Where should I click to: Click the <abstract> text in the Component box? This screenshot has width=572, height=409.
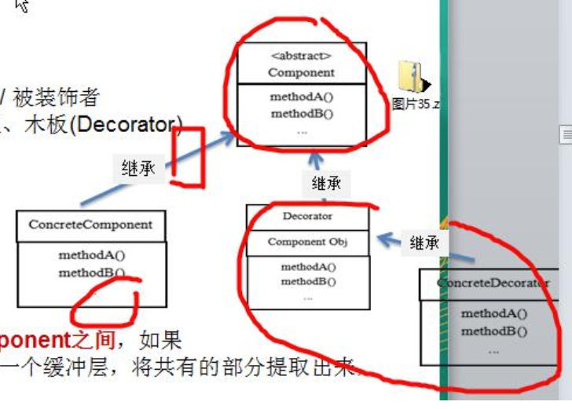coord(301,56)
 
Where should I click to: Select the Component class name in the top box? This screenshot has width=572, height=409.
coord(301,72)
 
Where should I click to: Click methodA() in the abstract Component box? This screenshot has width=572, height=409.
coord(302,97)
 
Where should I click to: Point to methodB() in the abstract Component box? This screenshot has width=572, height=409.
coord(302,113)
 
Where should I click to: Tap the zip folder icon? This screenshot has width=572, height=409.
coord(413,78)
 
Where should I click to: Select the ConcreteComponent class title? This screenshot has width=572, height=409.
coord(90,225)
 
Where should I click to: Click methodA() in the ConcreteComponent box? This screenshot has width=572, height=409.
coord(91,255)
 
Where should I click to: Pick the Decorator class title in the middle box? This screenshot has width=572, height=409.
coord(307,216)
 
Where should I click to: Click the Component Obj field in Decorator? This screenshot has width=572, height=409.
coord(307,242)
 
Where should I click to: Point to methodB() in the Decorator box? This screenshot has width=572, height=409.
coord(308,281)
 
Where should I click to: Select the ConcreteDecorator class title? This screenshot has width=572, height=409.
coord(493,283)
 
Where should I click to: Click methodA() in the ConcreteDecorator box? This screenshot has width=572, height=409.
coord(494,313)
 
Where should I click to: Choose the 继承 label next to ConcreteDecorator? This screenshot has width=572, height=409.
coord(425,243)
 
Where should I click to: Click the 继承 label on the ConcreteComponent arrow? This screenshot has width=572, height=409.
coord(138,168)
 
